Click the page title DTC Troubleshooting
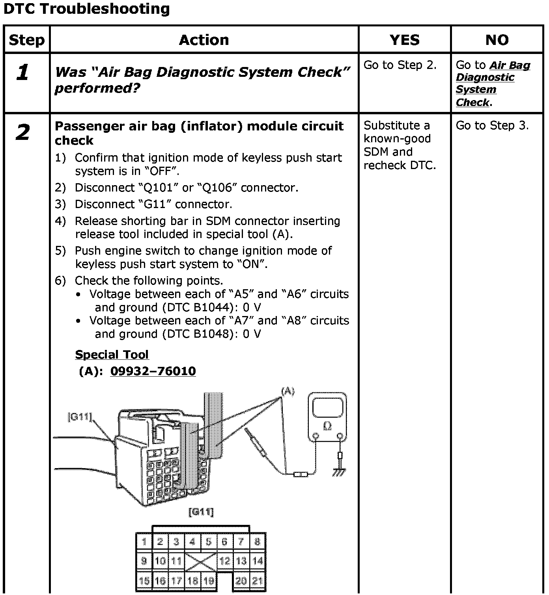coord(86,9)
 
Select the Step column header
coord(27,40)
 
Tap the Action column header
coord(204,40)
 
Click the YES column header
coord(405,40)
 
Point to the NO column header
coord(497,40)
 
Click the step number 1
coord(23,73)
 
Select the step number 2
coord(23,132)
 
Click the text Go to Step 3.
coord(492,126)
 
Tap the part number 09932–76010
coord(153,371)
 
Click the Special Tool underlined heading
coord(112,355)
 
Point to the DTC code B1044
coord(211,308)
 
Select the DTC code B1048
coord(211,334)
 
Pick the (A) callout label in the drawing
coord(288,391)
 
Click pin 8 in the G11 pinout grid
coord(257,542)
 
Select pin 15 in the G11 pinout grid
coord(144,581)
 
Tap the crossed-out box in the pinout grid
coord(201,561)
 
